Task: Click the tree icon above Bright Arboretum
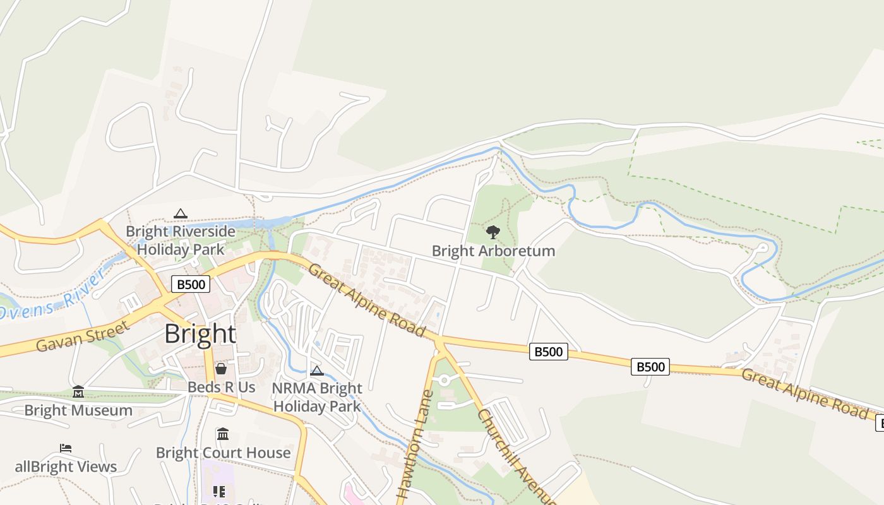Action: tap(493, 232)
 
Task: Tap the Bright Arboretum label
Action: tap(493, 251)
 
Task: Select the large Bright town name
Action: tap(200, 333)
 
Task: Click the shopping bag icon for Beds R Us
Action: tap(221, 368)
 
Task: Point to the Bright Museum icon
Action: tap(78, 392)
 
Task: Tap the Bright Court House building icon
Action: tap(222, 434)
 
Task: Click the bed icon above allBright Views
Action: tap(66, 448)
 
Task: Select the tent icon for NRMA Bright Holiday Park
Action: tap(317, 371)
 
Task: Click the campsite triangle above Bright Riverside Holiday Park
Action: tap(181, 213)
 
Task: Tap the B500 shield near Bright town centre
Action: tap(191, 284)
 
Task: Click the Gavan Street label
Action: tap(83, 336)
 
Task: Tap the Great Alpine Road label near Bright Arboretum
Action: tap(366, 300)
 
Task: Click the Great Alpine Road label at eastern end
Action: tap(804, 393)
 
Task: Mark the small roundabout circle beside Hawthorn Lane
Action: tap(444, 379)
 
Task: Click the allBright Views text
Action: tap(66, 466)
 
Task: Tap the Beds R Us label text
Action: tap(221, 386)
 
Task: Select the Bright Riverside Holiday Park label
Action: tap(181, 240)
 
